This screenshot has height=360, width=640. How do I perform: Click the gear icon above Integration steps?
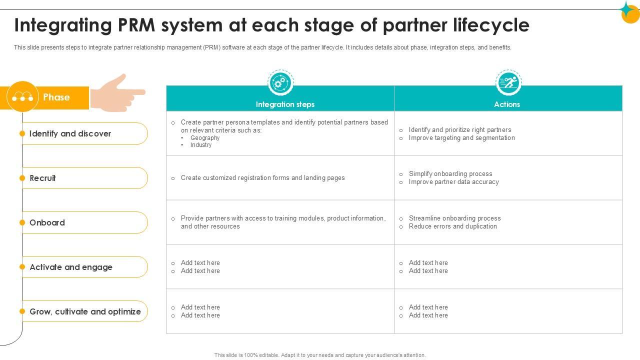280,82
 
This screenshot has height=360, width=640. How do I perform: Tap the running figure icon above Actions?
508,82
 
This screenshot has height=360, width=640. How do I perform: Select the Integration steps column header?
285,104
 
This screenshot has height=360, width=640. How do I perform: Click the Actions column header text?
507,104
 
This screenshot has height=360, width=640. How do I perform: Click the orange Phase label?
56,97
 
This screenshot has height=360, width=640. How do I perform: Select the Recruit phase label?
42,178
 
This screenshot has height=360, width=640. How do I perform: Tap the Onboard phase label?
47,222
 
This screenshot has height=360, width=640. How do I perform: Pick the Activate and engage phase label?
71,267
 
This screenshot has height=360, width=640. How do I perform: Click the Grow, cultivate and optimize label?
85,311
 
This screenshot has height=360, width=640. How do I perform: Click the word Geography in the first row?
205,138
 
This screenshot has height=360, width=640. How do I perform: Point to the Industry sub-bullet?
201,145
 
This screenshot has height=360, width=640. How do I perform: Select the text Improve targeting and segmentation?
461,138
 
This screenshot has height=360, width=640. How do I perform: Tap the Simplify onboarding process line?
450,174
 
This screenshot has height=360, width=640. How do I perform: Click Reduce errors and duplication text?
452,226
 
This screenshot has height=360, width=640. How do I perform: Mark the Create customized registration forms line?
262,178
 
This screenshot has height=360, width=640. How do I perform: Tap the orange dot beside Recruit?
22,178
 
